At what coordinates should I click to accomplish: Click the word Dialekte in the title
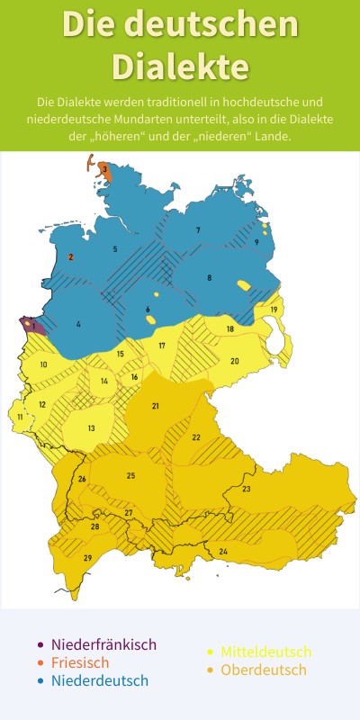point(180,66)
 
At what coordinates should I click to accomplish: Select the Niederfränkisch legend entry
point(103,644)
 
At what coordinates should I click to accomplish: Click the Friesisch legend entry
point(80,662)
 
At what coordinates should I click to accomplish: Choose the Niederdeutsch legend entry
point(100,680)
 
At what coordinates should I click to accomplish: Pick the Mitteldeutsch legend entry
point(265,652)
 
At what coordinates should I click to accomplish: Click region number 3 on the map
point(104,169)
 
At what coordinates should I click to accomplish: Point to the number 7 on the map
point(198,231)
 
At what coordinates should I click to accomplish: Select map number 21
point(155,407)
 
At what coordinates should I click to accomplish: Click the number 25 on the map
point(130,475)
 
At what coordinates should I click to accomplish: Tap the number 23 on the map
point(246,490)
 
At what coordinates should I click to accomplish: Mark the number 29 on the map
point(87,559)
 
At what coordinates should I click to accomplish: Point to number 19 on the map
point(273,310)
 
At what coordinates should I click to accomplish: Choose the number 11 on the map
point(20,417)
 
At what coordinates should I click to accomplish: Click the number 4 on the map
point(78,324)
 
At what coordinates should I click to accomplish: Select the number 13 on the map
point(91,428)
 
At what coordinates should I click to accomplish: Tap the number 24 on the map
point(223,551)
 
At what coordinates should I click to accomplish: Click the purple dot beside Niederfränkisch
point(40,644)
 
